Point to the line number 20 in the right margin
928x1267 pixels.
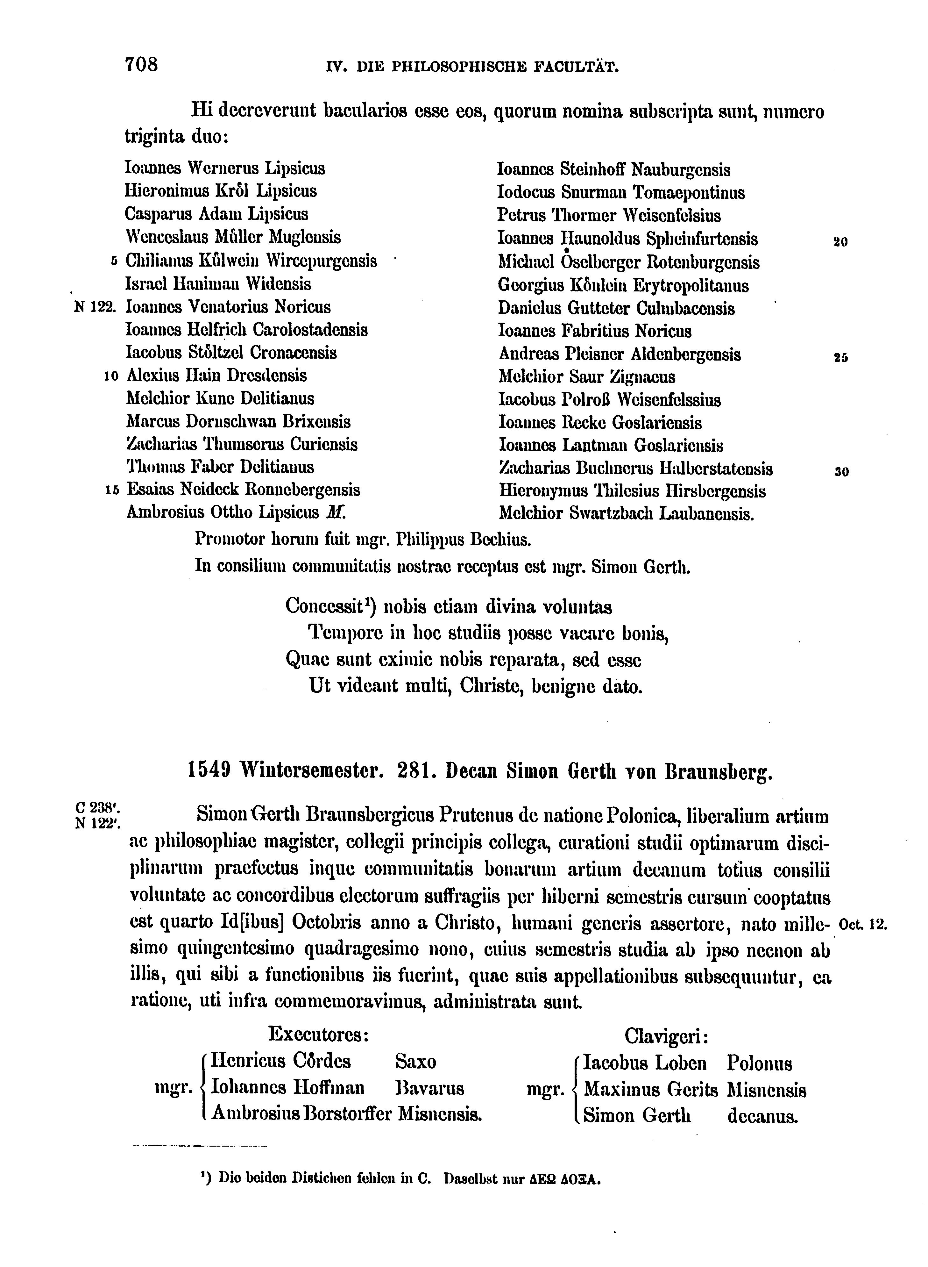tap(840, 242)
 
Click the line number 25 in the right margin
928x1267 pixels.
tap(840, 357)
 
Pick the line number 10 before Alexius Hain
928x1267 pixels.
tap(111, 376)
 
